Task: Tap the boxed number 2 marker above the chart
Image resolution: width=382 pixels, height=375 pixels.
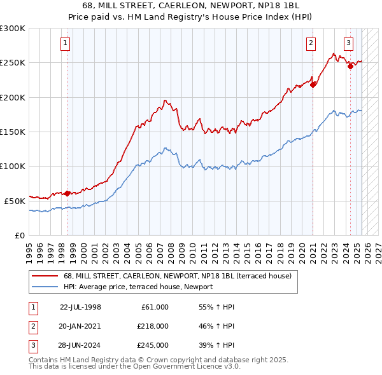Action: [311, 43]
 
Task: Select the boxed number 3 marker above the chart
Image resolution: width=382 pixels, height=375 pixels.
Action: [349, 43]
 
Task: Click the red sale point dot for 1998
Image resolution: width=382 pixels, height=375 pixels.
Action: [67, 193]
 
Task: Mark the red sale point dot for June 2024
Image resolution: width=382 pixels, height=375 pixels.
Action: [350, 66]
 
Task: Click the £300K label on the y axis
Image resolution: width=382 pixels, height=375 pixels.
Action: [13, 29]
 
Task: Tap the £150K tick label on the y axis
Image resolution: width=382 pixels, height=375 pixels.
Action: [13, 132]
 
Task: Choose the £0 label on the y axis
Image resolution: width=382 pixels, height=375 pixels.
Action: [19, 235]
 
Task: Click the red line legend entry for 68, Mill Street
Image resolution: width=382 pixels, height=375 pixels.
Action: [177, 276]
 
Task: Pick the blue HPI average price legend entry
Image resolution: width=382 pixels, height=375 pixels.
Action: [138, 287]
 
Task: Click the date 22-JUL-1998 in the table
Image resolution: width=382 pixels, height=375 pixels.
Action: [80, 307]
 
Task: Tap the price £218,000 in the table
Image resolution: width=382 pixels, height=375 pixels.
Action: [152, 326]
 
